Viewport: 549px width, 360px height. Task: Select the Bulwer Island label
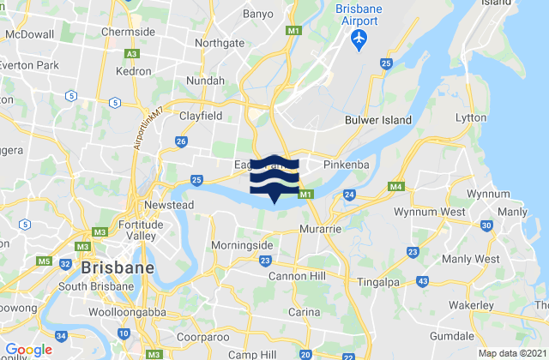pyautogui.click(x=378, y=121)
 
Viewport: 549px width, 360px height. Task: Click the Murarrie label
pyautogui.click(x=322, y=230)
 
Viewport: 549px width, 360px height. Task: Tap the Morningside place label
pyautogui.click(x=242, y=245)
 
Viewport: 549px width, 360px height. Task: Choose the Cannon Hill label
pyautogui.click(x=298, y=275)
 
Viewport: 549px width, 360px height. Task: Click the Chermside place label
pyautogui.click(x=128, y=32)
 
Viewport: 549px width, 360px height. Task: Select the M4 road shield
pyautogui.click(x=395, y=187)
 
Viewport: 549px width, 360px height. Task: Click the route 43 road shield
pyautogui.click(x=422, y=281)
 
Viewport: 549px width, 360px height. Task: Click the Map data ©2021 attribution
pyautogui.click(x=511, y=353)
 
